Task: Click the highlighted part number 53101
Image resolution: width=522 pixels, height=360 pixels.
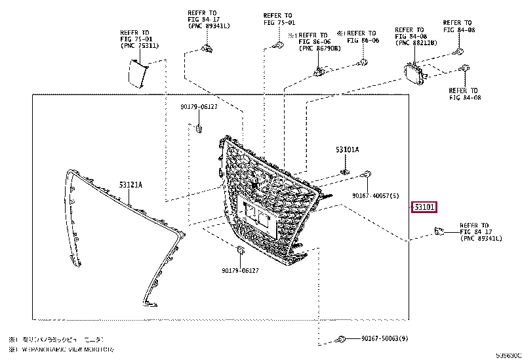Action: tap(424, 207)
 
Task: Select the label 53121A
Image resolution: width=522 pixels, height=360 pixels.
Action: tap(130, 185)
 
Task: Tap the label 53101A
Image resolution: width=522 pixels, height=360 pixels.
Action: tap(348, 150)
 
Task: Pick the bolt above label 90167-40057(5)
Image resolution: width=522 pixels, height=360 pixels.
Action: tap(367, 174)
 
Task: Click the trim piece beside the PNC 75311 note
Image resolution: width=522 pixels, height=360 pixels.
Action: tap(136, 73)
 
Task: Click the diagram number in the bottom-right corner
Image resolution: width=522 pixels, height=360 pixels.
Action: tap(507, 353)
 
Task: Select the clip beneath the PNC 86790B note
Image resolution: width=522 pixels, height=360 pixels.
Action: tap(319, 70)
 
